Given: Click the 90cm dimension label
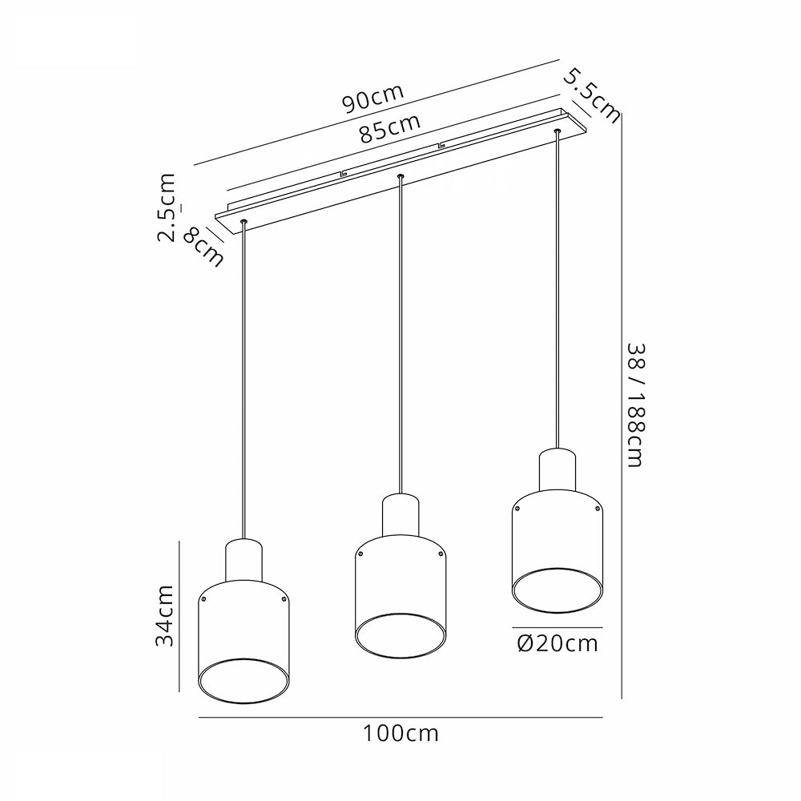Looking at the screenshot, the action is coord(373,98).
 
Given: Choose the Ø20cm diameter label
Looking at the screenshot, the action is coord(557,643).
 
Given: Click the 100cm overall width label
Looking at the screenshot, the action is coord(401,734).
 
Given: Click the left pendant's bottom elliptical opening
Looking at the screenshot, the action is coord(244,704).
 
